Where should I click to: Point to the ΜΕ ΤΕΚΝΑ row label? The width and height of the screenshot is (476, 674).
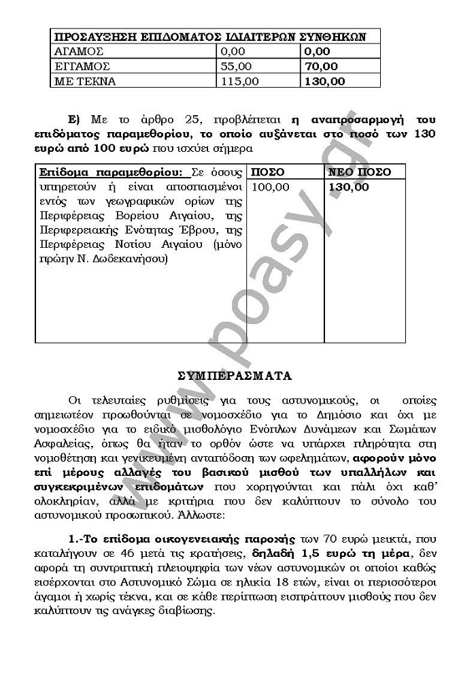pos(85,81)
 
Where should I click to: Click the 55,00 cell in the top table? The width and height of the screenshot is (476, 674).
pos(236,66)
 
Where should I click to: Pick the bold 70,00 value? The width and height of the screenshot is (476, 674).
pos(321,66)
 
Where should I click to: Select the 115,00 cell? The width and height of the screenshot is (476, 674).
pos(239,81)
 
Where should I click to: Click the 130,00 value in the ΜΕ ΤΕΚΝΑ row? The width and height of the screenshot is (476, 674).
pos(324,81)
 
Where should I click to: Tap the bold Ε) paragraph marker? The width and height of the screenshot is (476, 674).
pos(74,117)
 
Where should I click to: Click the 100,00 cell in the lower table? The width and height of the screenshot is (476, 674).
pos(271,187)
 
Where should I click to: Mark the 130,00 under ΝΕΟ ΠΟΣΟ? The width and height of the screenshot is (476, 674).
pos(348,187)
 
